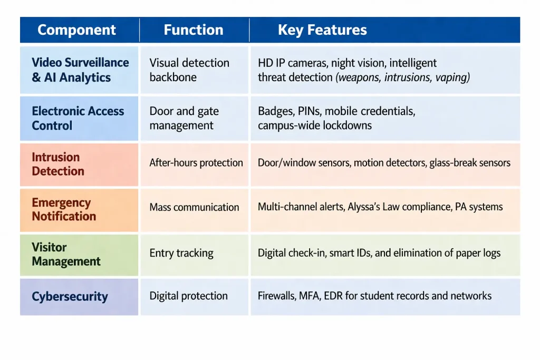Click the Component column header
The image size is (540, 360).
pyautogui.click(x=76, y=30)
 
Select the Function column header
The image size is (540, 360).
pyautogui.click(x=194, y=30)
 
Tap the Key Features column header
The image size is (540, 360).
pyautogui.click(x=322, y=30)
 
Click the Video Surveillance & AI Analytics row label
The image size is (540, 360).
pyautogui.click(x=80, y=70)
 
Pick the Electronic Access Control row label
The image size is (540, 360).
pyautogui.click(x=78, y=118)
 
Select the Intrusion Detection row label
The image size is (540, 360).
pyautogui.click(x=58, y=164)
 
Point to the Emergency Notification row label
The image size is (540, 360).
pyautogui.click(x=64, y=209)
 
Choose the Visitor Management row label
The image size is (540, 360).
pyautogui.click(x=66, y=254)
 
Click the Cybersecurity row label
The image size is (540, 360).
pyautogui.click(x=70, y=297)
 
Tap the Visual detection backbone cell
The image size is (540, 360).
pyautogui.click(x=189, y=70)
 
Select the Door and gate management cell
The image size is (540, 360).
pyautogui.click(x=184, y=118)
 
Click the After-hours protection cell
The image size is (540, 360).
pyautogui.click(x=196, y=163)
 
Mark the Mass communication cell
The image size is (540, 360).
pyautogui.click(x=194, y=208)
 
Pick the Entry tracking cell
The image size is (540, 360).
pyautogui.click(x=181, y=254)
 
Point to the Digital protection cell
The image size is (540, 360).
pyautogui.click(x=188, y=296)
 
